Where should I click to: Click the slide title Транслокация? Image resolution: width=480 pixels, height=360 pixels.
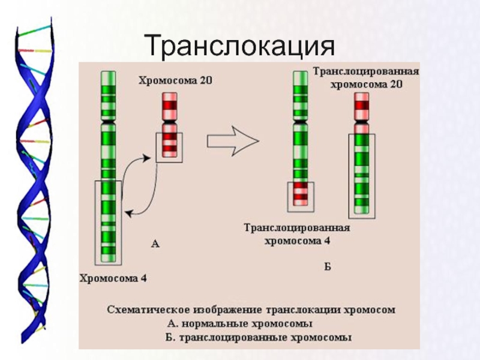tap(240, 44)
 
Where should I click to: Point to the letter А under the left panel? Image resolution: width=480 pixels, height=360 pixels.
tap(155, 243)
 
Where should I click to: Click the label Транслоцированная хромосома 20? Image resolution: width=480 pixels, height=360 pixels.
tap(366, 78)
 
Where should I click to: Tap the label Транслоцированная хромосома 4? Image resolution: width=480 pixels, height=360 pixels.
tap(297, 234)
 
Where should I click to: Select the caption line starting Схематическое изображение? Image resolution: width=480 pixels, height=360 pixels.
tap(251, 310)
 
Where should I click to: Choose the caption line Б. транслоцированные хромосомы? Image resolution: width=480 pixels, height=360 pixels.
tap(259, 337)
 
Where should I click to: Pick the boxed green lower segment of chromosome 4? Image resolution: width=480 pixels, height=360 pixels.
tap(108, 222)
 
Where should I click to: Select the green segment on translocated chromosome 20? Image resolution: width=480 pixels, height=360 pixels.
tap(362, 174)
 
